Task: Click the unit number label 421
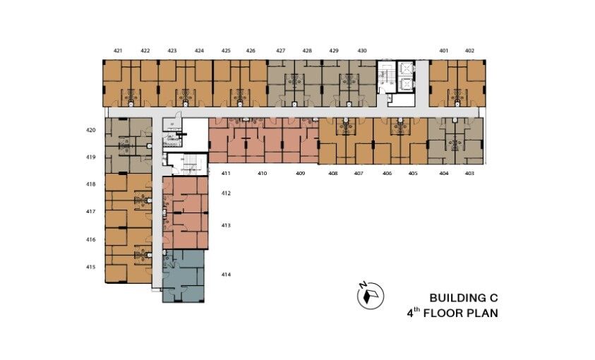(x=118, y=51)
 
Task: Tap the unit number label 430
(x=362, y=51)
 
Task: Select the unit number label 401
(x=444, y=51)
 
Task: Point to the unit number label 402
(x=470, y=51)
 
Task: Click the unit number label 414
(x=227, y=275)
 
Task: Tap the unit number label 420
(x=90, y=131)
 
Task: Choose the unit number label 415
(x=90, y=267)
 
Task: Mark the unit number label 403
(x=470, y=173)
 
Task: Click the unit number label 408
(x=332, y=173)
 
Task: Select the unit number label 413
(x=227, y=226)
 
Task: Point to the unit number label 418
(x=90, y=184)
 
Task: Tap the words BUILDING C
(x=463, y=298)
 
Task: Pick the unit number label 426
(x=251, y=51)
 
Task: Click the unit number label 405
(x=413, y=173)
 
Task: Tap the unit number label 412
(x=227, y=193)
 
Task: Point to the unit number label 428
(x=308, y=51)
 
